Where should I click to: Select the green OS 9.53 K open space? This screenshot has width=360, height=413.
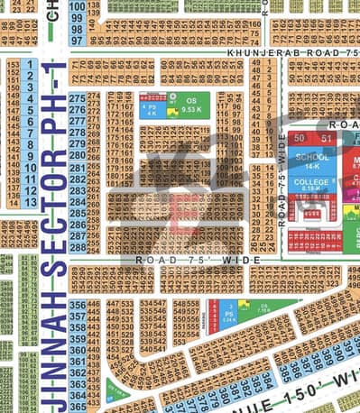(x=190, y=106)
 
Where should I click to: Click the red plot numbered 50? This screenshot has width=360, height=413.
(x=299, y=137)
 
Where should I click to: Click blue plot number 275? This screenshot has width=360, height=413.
(x=78, y=98)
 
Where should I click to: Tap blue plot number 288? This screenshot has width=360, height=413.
(x=78, y=246)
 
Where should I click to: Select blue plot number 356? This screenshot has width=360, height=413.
(x=78, y=306)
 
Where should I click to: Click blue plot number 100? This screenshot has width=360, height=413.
(x=78, y=6)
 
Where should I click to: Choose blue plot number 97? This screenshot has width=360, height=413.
(x=78, y=40)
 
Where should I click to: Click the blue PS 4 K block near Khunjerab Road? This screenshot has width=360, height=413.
(x=150, y=111)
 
